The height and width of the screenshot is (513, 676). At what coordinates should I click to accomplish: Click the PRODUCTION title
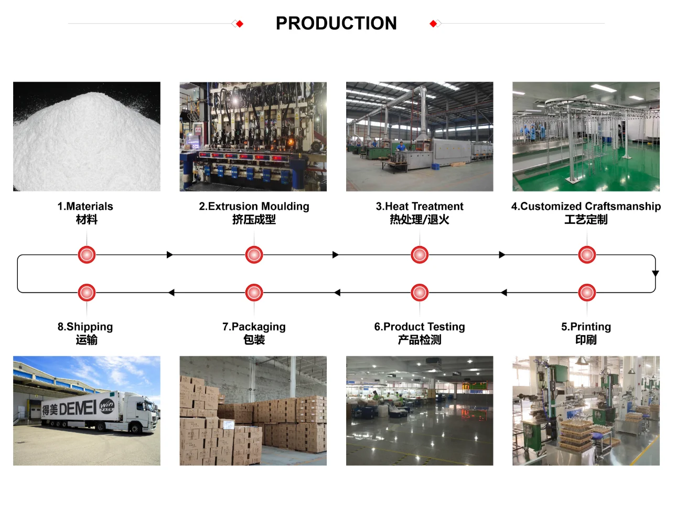click(336, 23)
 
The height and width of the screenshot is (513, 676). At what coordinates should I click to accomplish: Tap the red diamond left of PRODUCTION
click(240, 24)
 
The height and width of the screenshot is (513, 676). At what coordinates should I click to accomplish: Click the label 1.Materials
click(85, 206)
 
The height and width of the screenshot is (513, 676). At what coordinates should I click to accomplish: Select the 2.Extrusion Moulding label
click(254, 206)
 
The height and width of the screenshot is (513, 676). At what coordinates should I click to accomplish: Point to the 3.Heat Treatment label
click(420, 206)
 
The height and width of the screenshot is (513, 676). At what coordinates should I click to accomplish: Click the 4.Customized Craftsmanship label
click(586, 206)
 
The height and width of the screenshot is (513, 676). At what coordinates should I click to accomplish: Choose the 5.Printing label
click(586, 327)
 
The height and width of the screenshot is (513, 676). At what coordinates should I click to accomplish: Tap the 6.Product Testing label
click(420, 327)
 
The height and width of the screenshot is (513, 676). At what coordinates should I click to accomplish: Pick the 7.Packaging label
click(254, 327)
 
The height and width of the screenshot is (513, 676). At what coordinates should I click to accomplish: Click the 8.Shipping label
click(85, 327)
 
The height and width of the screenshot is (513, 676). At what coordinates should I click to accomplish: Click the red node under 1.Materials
click(87, 255)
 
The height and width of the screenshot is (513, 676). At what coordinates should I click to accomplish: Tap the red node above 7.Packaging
click(254, 293)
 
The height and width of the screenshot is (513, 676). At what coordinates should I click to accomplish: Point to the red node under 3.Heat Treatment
click(420, 255)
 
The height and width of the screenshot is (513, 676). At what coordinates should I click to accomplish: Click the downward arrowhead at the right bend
click(656, 273)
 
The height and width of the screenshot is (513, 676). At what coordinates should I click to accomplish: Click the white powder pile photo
click(87, 136)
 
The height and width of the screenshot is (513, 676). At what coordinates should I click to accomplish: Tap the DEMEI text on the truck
click(78, 408)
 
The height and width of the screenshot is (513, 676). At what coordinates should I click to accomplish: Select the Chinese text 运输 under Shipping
click(87, 340)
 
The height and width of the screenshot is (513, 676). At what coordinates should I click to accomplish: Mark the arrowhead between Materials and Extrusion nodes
click(169, 255)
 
